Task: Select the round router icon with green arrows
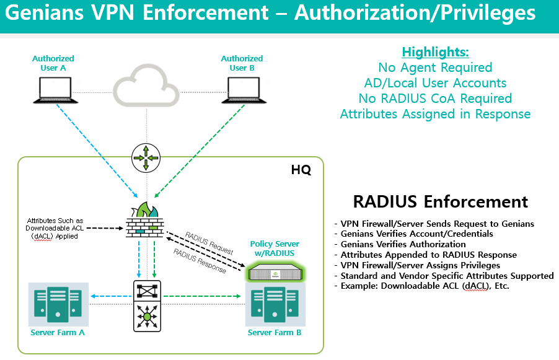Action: click(146, 159)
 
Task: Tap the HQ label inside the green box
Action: click(301, 169)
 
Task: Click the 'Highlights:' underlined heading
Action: click(435, 52)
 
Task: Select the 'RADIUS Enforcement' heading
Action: click(440, 201)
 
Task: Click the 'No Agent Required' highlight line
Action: click(435, 68)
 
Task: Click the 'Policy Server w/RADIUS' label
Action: click(275, 248)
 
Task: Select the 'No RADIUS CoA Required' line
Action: click(435, 99)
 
